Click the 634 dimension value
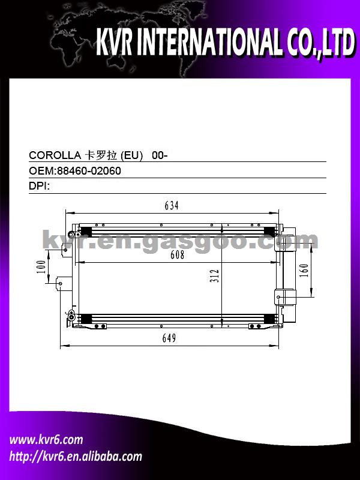(x=172, y=206)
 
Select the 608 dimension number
(x=178, y=254)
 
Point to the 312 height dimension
(x=215, y=275)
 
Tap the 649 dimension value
(x=169, y=338)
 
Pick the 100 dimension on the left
(x=42, y=266)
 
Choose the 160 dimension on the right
(x=304, y=271)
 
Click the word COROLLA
(x=55, y=155)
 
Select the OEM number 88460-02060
(x=88, y=171)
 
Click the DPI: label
(x=40, y=186)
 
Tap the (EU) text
(x=131, y=156)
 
